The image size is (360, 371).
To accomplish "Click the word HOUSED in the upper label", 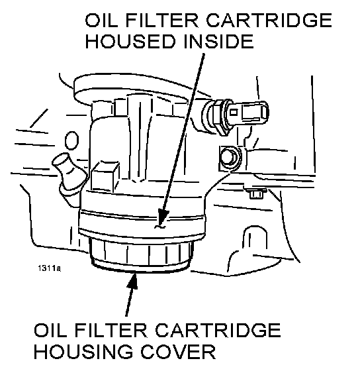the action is (x=130, y=41).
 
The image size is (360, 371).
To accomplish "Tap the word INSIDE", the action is (x=218, y=41).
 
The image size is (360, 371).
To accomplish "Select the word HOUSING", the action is (x=83, y=352).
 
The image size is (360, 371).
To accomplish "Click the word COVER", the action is (x=178, y=352).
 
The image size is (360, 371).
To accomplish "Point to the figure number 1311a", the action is (x=49, y=268).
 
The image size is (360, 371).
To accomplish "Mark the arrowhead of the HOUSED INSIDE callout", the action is (x=163, y=218).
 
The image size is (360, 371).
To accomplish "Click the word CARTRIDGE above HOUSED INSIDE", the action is (x=269, y=20).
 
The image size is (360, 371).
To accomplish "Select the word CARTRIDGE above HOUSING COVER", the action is (x=218, y=330).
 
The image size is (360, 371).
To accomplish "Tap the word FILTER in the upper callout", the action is (x=161, y=20).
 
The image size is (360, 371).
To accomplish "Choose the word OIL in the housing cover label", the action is (x=50, y=330).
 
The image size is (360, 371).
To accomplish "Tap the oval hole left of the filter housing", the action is (x=71, y=140).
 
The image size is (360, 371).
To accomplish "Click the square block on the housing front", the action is (x=106, y=176).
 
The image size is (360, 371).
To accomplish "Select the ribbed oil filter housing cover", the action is (x=141, y=254).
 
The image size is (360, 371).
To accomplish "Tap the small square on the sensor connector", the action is (x=234, y=112).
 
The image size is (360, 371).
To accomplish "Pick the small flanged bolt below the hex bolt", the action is (x=256, y=193).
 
